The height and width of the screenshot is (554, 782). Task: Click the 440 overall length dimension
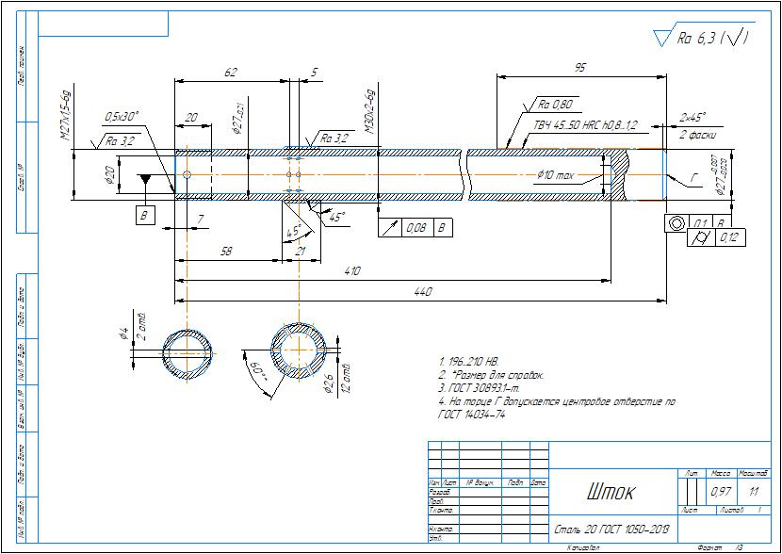[423, 293]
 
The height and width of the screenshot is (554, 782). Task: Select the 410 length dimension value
[352, 271]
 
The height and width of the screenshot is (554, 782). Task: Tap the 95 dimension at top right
[580, 68]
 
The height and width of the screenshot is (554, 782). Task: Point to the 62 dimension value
[230, 73]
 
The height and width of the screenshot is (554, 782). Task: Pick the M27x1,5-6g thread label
[66, 116]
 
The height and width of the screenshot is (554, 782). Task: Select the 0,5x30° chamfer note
[122, 116]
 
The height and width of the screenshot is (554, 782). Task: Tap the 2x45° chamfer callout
[692, 118]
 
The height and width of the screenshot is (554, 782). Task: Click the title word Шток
[611, 492]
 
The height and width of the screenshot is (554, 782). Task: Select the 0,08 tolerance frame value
[415, 227]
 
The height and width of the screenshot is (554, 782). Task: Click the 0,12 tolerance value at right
[729, 237]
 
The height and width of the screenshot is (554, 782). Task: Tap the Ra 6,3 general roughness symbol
[705, 39]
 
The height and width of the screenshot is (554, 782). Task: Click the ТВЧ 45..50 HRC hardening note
[586, 124]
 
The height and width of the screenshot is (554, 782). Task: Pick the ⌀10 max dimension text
[556, 175]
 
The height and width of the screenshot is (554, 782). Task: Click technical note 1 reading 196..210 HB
[468, 362]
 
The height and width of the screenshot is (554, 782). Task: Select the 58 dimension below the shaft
[226, 251]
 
